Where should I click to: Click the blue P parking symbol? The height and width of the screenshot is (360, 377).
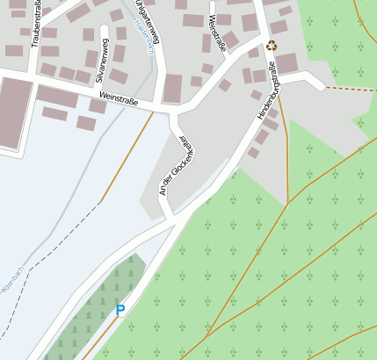click(x=120, y=310)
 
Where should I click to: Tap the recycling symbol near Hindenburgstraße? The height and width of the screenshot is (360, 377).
click(x=272, y=44)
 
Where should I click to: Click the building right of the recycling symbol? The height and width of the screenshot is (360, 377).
click(x=286, y=62)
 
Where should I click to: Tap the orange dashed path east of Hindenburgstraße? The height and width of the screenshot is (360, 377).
click(x=347, y=89)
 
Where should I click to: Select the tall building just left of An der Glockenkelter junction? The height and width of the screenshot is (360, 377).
click(x=172, y=88)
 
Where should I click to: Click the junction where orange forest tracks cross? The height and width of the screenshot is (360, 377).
click(x=287, y=205)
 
